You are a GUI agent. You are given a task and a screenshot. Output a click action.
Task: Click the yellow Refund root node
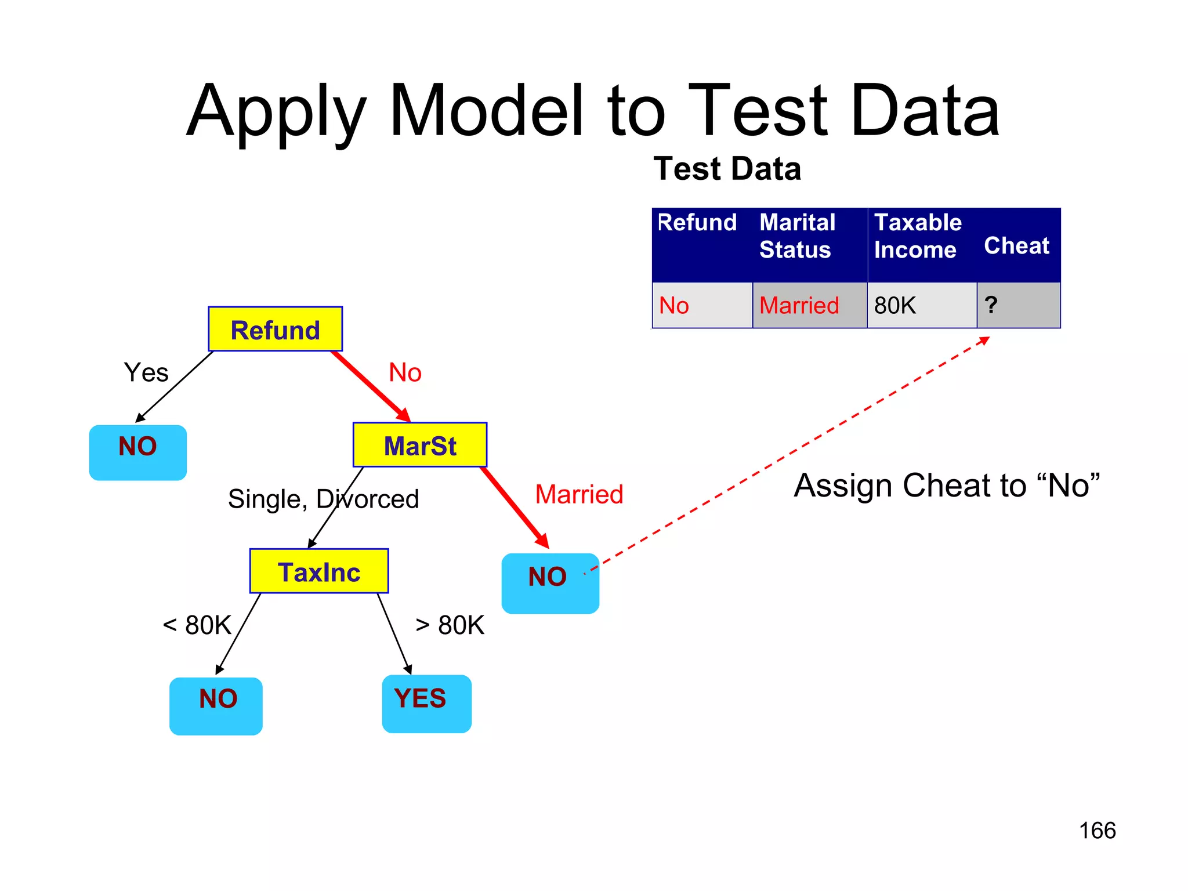[275, 329]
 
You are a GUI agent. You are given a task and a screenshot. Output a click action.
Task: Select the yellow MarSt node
[420, 445]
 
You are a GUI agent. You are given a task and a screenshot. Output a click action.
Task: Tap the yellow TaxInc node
[319, 571]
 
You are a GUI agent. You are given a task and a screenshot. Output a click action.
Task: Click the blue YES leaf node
[426, 703]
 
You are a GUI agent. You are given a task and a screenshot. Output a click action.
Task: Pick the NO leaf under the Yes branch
[138, 452]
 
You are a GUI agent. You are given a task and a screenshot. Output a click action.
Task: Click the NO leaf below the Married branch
[549, 582]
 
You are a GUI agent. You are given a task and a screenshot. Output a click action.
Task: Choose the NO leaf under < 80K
[216, 705]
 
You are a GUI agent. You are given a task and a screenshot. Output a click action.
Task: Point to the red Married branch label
[578, 494]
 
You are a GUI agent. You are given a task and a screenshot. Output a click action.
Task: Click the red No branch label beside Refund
[405, 372]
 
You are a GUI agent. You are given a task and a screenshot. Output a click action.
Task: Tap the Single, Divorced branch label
[323, 499]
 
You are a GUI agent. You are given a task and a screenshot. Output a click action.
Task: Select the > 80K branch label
[450, 625]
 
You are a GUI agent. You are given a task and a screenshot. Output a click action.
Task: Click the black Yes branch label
[146, 372]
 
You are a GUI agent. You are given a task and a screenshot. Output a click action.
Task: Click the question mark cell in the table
[1017, 305]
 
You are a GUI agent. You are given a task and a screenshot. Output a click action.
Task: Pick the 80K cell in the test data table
[921, 305]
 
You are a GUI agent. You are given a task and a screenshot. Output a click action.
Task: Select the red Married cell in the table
[809, 305]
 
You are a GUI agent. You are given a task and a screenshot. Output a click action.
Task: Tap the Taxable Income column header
[918, 236]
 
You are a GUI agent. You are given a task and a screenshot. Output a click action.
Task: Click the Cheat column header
[1016, 245]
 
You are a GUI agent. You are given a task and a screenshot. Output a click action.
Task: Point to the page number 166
[1097, 830]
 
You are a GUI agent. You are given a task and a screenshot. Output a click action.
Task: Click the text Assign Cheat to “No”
[946, 485]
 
